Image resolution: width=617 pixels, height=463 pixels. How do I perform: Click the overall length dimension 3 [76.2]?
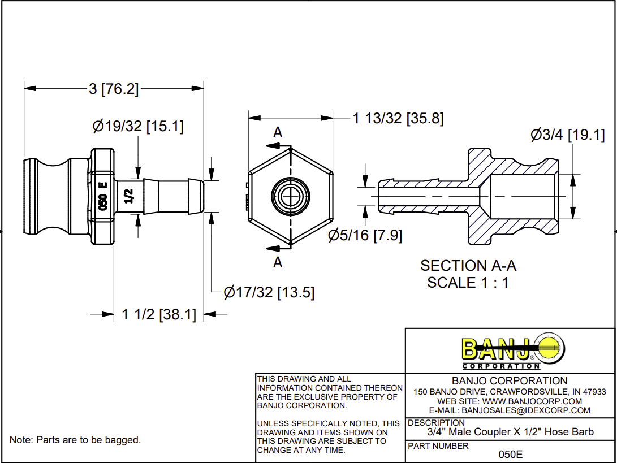114,89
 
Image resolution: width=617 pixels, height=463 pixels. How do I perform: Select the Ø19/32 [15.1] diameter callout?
138,126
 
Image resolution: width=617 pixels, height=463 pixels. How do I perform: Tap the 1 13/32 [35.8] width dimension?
398,118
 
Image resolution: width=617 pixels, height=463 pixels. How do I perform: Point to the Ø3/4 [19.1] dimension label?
567,135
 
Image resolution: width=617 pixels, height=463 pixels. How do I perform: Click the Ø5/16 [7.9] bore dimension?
365,235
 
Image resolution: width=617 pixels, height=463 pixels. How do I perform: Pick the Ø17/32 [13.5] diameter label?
269,292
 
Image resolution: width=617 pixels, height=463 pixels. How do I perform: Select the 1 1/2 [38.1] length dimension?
159,314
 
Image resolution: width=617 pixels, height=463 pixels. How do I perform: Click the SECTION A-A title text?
468,266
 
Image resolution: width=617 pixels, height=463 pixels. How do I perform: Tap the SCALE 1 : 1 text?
468,283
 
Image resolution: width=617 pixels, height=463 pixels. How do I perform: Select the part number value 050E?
510,454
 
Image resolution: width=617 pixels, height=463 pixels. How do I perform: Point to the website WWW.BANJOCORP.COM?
510,401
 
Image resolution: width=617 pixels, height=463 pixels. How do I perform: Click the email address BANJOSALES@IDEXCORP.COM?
510,410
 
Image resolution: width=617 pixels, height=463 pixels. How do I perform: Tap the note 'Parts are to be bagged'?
75,440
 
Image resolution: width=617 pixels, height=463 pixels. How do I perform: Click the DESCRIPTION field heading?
436,422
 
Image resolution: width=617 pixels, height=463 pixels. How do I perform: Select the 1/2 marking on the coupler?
128,196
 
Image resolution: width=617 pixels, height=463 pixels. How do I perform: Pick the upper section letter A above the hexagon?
278,132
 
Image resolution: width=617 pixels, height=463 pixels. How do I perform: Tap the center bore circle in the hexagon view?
290,197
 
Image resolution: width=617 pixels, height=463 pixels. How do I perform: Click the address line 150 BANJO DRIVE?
510,392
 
